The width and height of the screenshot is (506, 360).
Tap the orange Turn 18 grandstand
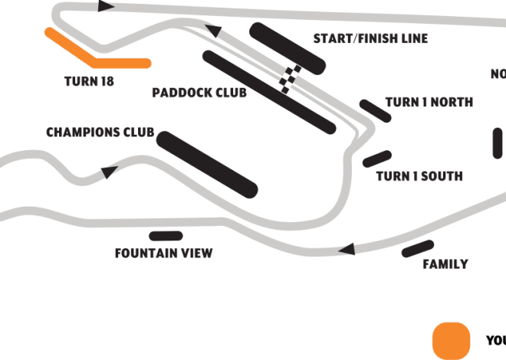96,55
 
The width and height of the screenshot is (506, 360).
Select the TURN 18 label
90,80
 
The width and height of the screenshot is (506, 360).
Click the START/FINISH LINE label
370,38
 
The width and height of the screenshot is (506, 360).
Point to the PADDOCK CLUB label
199,93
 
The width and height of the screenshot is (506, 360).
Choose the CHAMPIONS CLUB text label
100,133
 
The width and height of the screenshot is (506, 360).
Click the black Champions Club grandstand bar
206,163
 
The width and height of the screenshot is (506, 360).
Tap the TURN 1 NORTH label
429,102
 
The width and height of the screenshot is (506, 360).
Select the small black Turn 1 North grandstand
376,110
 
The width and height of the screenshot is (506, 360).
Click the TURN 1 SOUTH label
419,176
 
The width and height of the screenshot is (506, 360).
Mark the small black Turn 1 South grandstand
377,159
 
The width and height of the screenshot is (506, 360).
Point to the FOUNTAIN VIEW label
163,254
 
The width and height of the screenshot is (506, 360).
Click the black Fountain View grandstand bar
166,236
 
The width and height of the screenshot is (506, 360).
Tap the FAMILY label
445,264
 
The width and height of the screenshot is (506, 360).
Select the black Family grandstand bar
418,248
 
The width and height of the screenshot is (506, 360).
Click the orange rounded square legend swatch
451,340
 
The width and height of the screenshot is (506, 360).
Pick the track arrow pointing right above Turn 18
107,7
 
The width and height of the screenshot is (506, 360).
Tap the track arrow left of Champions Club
110,170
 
